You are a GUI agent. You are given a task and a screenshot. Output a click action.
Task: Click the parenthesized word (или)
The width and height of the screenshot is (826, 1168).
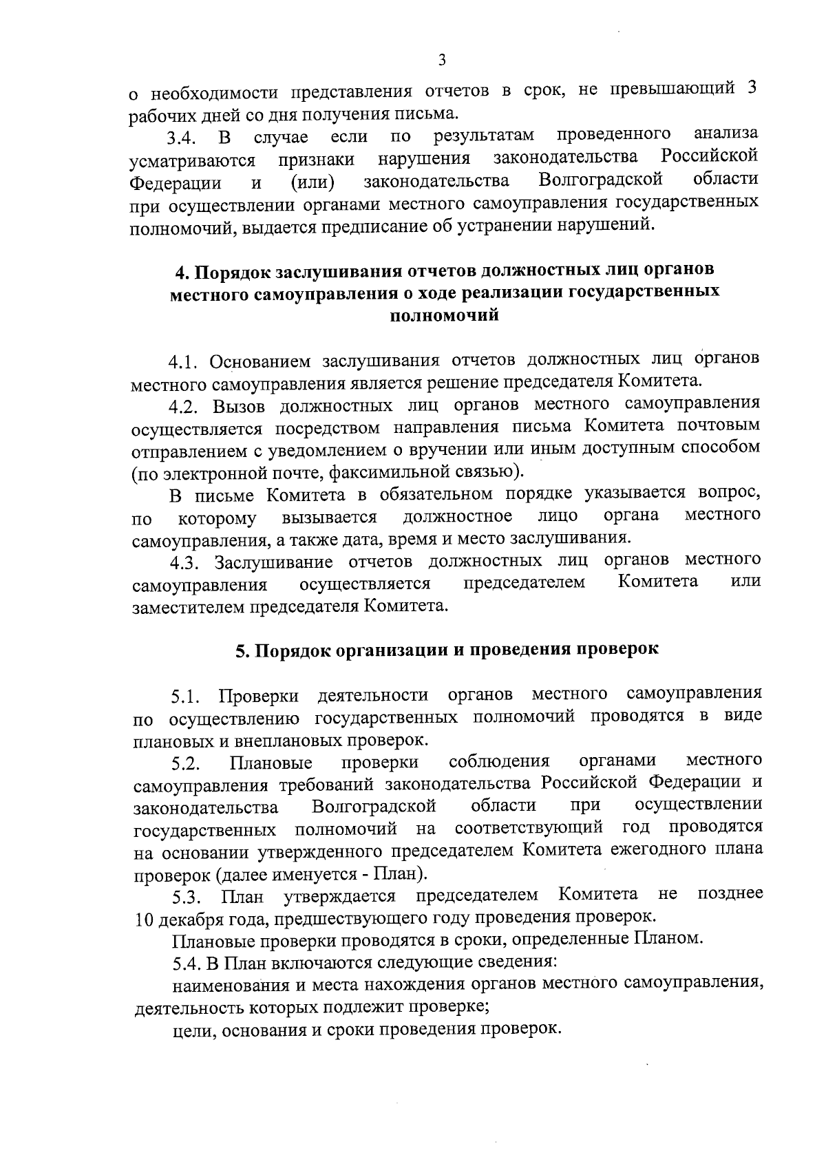(312, 182)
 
